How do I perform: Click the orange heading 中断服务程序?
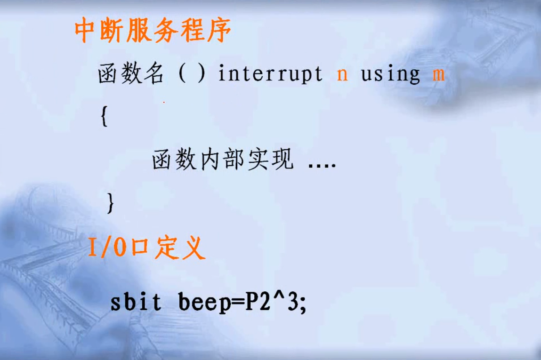point(153,32)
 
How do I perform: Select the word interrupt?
point(270,74)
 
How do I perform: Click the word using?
point(390,75)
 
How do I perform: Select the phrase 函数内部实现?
point(222,161)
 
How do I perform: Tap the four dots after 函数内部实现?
point(322,165)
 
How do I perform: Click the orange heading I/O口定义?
point(146,248)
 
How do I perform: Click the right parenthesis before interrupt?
point(202,74)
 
